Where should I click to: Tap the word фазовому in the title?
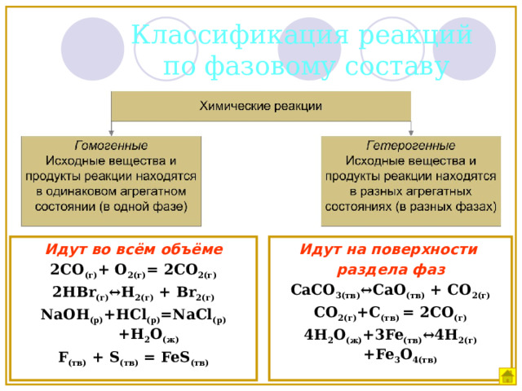pos(271,66)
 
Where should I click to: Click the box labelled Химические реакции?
pos(261,106)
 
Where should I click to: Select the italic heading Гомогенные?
pos(111,145)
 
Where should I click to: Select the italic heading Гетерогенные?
pos(410,145)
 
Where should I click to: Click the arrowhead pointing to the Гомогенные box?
pos(111,133)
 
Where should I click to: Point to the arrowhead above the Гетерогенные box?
pos(411,133)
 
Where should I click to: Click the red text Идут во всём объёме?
pos(134,249)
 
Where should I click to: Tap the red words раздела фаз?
pos(391,270)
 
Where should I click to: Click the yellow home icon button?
pos(507,376)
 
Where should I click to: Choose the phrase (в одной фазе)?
pos(144,207)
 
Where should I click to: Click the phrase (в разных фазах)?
pos(446,207)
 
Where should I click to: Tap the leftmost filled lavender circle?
pos(92,49)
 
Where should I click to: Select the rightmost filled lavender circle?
pos(464,49)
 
